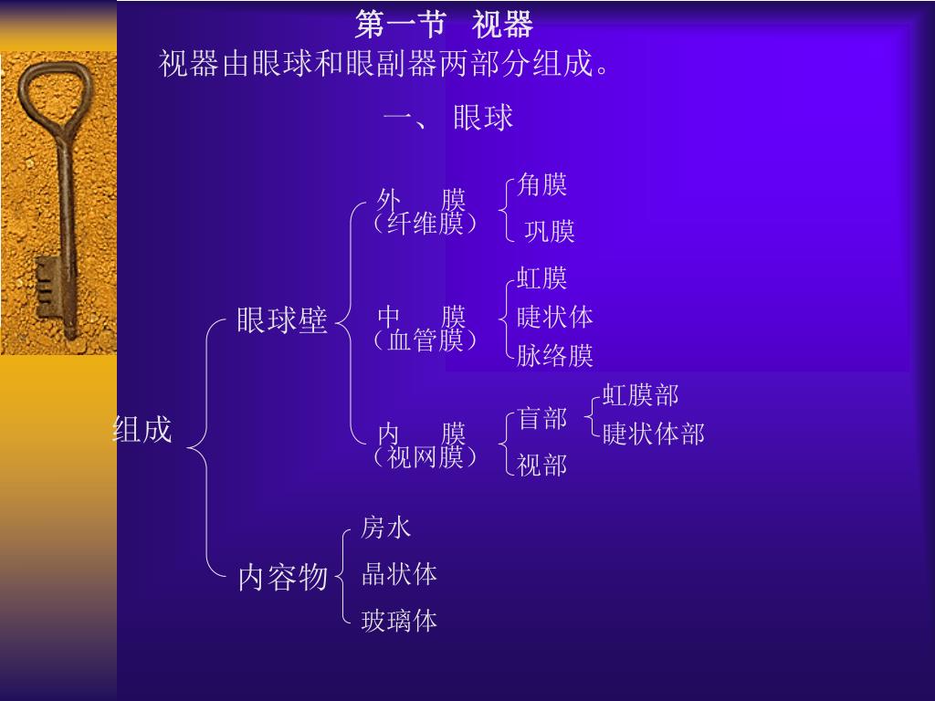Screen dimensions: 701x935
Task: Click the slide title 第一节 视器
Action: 444,25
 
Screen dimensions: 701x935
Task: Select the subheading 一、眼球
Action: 448,118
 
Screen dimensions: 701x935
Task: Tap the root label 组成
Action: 142,430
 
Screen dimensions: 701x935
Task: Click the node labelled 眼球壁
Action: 281,320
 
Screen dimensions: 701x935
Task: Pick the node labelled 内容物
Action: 282,577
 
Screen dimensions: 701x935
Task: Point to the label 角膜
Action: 542,185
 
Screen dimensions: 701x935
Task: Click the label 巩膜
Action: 550,232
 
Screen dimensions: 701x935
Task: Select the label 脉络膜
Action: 555,355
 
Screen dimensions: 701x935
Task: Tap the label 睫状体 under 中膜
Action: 555,317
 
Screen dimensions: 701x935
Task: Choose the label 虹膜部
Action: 640,395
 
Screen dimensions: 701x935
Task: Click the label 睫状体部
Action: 653,434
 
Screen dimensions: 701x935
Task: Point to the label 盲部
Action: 542,419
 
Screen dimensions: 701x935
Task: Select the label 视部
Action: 542,466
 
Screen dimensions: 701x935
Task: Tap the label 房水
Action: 386,527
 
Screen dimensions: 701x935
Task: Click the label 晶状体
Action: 399,574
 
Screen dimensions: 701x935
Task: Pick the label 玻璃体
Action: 399,622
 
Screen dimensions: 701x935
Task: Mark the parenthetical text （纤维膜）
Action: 425,224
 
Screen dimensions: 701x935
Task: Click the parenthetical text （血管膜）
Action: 425,340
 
